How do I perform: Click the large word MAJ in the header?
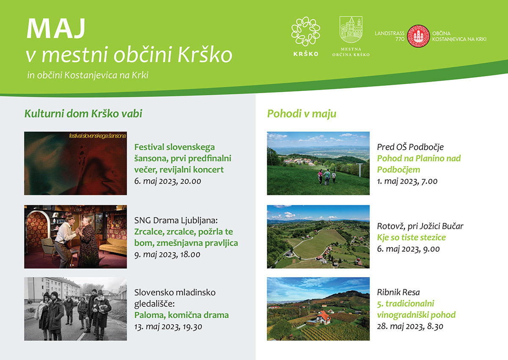[56, 28]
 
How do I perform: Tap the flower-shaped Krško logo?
[306, 31]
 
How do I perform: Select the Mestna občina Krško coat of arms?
[351, 30]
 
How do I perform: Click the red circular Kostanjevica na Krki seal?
[418, 36]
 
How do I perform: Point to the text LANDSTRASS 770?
[389, 36]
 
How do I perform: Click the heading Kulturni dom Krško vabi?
[83, 114]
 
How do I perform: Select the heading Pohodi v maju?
[301, 114]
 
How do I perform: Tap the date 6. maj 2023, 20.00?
[168, 181]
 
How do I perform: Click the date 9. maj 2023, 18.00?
[167, 255]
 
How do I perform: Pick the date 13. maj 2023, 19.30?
[168, 327]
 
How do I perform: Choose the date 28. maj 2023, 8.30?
[410, 327]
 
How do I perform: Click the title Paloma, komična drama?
[182, 315]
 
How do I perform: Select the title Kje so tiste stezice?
[411, 237]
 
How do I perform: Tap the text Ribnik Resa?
[398, 292]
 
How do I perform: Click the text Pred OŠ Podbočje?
[410, 147]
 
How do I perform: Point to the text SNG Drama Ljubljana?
[176, 220]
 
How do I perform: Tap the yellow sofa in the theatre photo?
[113, 246]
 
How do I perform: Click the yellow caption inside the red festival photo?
[97, 136]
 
